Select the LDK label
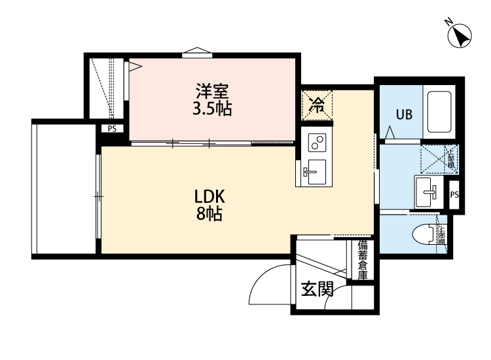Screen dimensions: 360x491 pos(209,196)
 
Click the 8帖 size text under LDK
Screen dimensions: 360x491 pos(209,213)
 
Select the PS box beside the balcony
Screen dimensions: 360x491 pos(112,129)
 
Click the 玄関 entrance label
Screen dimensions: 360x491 pos(317,289)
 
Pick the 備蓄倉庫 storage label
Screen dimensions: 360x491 pos(363,260)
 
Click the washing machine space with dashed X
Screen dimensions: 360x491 pos(429,159)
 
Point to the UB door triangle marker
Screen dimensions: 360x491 pos(390,134)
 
